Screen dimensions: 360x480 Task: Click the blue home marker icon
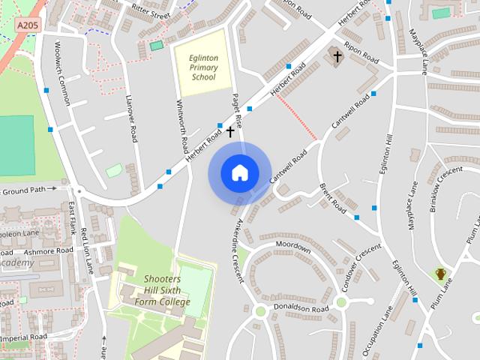(x=239, y=172)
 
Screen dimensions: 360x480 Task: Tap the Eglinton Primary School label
(x=203, y=66)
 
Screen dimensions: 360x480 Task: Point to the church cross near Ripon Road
(x=337, y=56)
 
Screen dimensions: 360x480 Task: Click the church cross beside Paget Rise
(x=229, y=132)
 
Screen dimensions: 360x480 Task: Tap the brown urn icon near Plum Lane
(x=439, y=275)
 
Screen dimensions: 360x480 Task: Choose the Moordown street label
(x=292, y=246)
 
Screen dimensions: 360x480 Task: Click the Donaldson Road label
(x=300, y=309)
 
